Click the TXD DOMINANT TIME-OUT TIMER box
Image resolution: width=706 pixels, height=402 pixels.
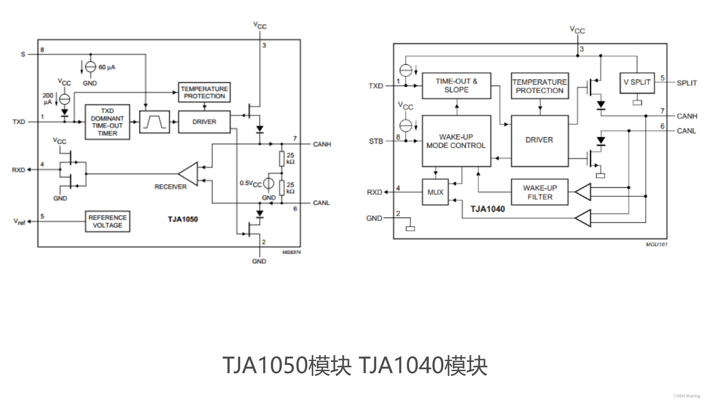coord(107,122)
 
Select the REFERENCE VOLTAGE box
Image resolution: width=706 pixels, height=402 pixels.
coord(108,221)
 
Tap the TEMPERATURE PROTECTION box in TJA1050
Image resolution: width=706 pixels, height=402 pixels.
coord(204,92)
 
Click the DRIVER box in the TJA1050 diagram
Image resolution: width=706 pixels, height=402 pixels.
coord(204,122)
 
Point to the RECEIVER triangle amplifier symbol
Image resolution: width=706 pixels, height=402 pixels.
coord(189,174)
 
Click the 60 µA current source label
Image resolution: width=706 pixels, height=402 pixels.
coord(106,67)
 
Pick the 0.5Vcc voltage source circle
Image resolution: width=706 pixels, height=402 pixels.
coord(268,183)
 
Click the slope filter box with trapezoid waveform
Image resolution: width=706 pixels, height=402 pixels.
coord(155,122)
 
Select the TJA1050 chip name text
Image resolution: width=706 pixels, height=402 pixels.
coord(183,219)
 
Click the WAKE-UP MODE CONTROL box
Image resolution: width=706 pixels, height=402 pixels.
coord(456,141)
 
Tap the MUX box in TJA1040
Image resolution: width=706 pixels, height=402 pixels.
coord(435,192)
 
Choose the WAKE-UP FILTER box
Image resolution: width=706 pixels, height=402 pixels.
coord(540,192)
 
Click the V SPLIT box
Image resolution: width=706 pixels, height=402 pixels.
coord(637,82)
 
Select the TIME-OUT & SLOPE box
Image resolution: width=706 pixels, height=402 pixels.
coord(456,85)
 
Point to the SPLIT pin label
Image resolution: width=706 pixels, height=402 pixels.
coord(687,83)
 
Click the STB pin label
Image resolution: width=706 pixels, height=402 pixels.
coord(376,141)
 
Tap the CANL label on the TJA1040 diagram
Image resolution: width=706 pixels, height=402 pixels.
coord(686,131)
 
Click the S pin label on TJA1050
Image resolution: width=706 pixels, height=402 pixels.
coord(23,55)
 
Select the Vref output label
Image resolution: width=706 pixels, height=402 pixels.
coord(19,221)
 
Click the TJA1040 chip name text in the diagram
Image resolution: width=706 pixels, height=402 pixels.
coord(487,209)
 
